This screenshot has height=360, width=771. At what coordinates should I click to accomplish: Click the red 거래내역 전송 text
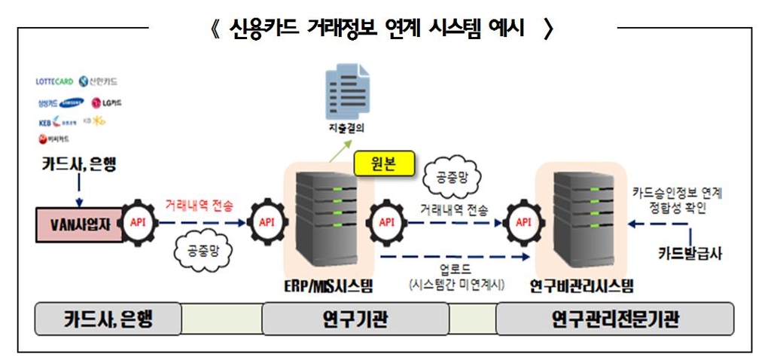pos(200,205)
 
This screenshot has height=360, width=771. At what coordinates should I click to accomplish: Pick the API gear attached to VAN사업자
pos(138,223)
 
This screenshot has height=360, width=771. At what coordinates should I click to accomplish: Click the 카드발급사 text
pos(691,254)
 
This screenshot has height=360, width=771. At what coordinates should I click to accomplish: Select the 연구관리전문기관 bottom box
pos(614,319)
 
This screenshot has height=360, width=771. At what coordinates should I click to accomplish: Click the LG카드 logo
pos(107,102)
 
